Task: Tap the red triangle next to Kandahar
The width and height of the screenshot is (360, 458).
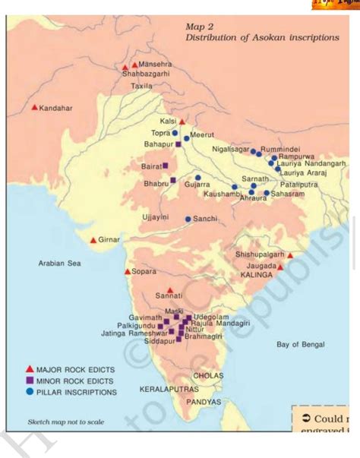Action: pyautogui.click(x=34, y=107)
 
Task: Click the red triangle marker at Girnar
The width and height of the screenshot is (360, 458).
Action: pyautogui.click(x=93, y=240)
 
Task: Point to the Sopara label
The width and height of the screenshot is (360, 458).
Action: pyautogui.click(x=144, y=271)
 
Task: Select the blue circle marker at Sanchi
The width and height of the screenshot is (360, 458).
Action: pyautogui.click(x=188, y=219)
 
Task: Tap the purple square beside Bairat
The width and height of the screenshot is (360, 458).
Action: pyautogui.click(x=165, y=165)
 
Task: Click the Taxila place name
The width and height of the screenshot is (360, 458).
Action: pyautogui.click(x=142, y=87)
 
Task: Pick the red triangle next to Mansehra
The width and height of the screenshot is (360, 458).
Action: pyautogui.click(x=134, y=65)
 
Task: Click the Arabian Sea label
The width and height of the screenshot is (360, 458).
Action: pyautogui.click(x=59, y=264)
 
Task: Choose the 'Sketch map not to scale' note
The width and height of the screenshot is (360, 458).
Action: pyautogui.click(x=66, y=422)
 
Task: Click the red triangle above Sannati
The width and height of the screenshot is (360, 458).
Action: pyautogui.click(x=170, y=289)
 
